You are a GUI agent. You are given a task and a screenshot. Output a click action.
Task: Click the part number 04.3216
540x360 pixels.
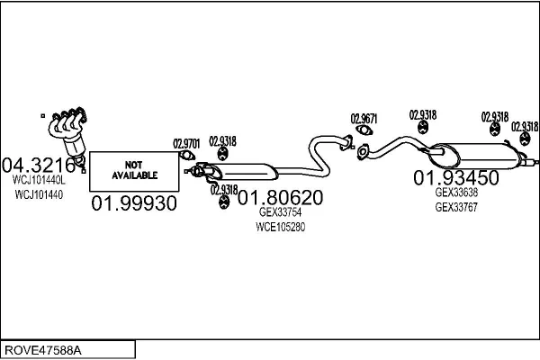(39, 165)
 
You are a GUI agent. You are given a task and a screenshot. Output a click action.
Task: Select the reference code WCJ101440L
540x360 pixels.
(39, 180)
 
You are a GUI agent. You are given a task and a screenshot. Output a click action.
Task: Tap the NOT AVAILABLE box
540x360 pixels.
(134, 170)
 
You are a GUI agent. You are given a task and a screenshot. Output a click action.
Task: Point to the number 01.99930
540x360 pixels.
(134, 203)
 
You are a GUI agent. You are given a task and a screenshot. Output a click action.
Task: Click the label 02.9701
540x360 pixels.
(185, 143)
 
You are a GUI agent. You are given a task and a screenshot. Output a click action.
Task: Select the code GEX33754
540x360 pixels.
(281, 212)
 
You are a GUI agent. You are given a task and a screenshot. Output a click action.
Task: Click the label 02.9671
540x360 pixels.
(364, 118)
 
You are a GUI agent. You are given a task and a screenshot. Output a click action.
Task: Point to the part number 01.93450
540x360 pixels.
(455, 176)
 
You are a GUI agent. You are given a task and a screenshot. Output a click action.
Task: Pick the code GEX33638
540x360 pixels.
(456, 192)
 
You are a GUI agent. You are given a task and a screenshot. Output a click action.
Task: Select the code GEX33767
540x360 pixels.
(456, 206)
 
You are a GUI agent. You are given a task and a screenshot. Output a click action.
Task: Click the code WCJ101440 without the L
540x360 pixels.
(39, 194)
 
